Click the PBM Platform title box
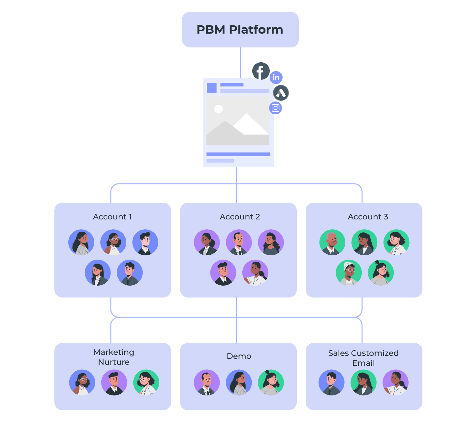240,30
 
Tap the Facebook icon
261,71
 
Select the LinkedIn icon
276,77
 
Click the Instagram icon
275,108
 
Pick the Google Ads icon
281,93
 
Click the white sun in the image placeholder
218,109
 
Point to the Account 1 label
112,217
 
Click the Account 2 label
240,217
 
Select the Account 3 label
368,217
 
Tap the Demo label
239,356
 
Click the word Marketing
114,352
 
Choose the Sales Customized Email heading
363,358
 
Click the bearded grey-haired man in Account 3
332,242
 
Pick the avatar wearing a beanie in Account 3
349,273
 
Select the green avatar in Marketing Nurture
146,383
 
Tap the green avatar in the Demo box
271,383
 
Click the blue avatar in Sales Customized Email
331,383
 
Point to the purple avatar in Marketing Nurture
114,383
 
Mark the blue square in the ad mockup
211,88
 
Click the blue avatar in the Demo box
239,383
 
